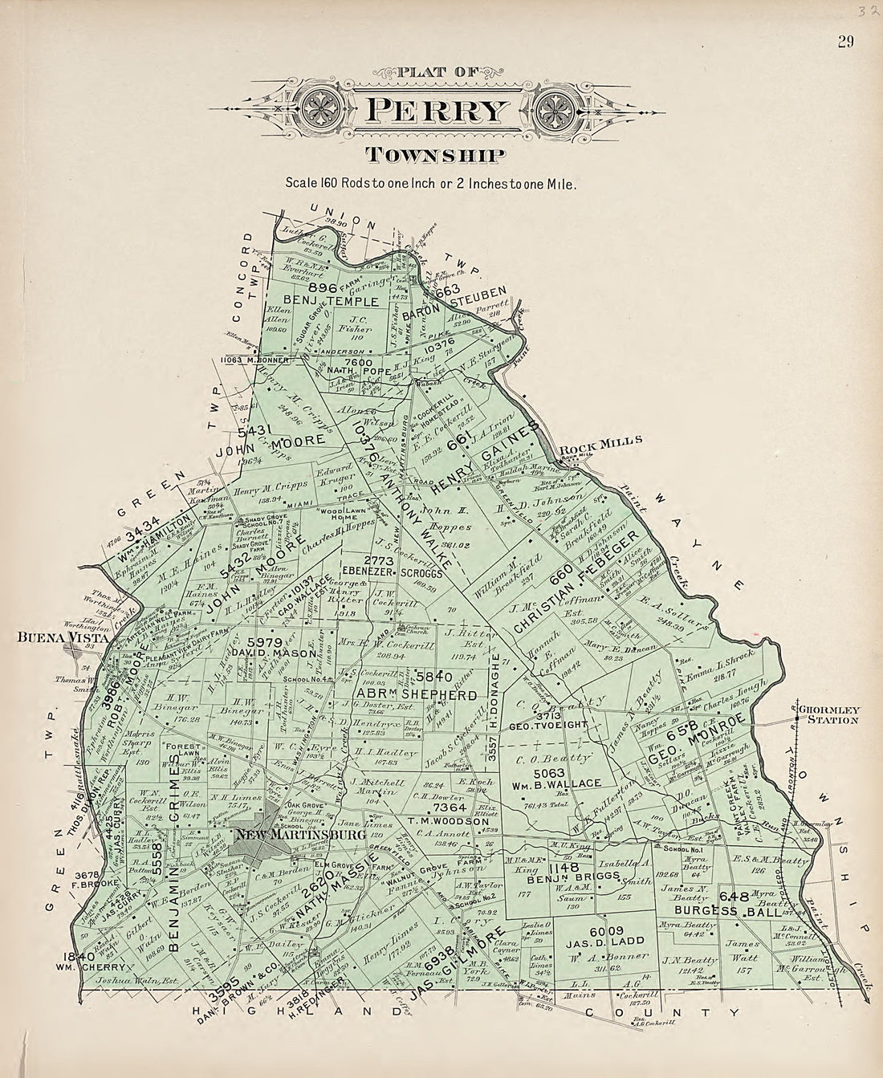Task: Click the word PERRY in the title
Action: click(x=438, y=110)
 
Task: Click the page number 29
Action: click(x=844, y=43)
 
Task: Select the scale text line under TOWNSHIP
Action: click(x=430, y=183)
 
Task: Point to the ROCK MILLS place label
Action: click(x=612, y=441)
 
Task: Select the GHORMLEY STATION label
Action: click(x=829, y=714)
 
